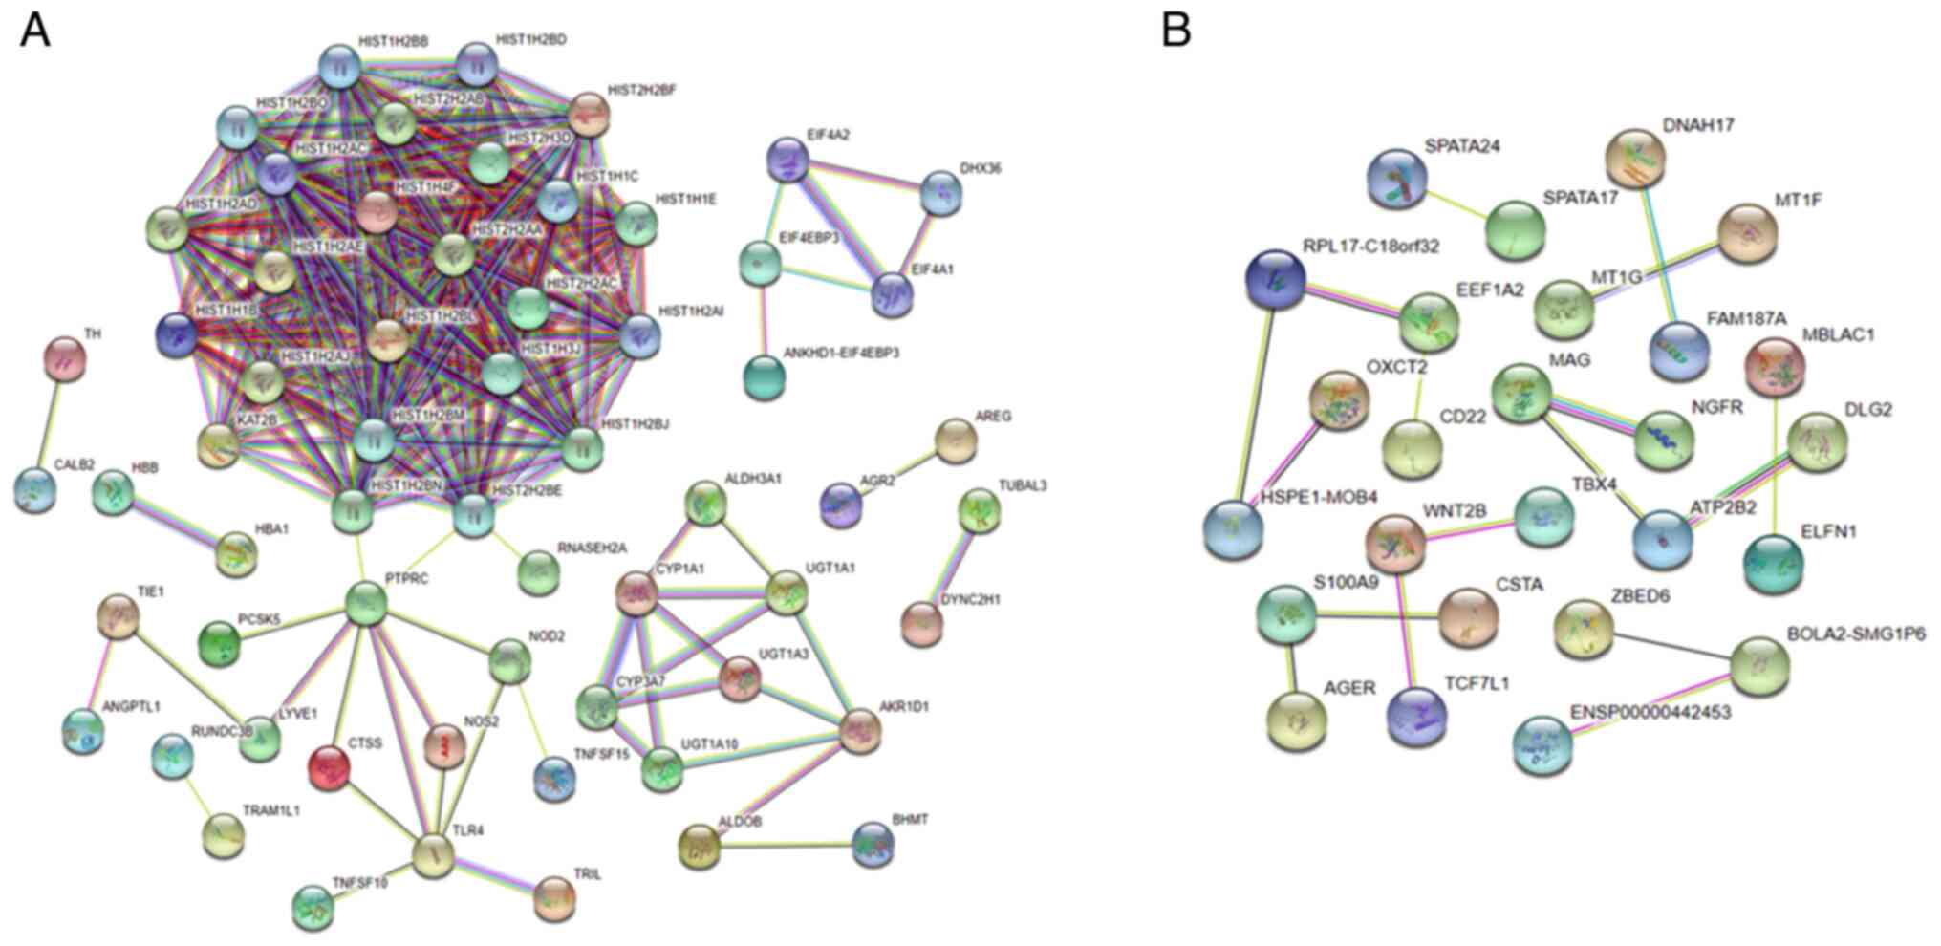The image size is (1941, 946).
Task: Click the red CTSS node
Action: click(x=329, y=766)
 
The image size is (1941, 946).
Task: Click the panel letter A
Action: click(x=35, y=31)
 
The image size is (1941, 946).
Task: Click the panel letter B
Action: click(x=1175, y=31)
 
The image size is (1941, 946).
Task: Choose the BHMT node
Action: click(x=873, y=845)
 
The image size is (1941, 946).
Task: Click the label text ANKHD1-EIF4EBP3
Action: click(x=848, y=353)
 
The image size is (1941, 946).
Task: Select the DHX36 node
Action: click(x=940, y=194)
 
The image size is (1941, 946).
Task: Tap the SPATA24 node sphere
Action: click(x=1396, y=179)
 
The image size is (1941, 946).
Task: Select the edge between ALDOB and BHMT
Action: click(x=786, y=846)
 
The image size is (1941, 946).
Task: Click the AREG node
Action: click(x=955, y=441)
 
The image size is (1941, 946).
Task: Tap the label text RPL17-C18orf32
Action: click(x=1370, y=247)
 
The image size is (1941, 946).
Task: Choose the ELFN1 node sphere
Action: click(x=1773, y=564)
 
